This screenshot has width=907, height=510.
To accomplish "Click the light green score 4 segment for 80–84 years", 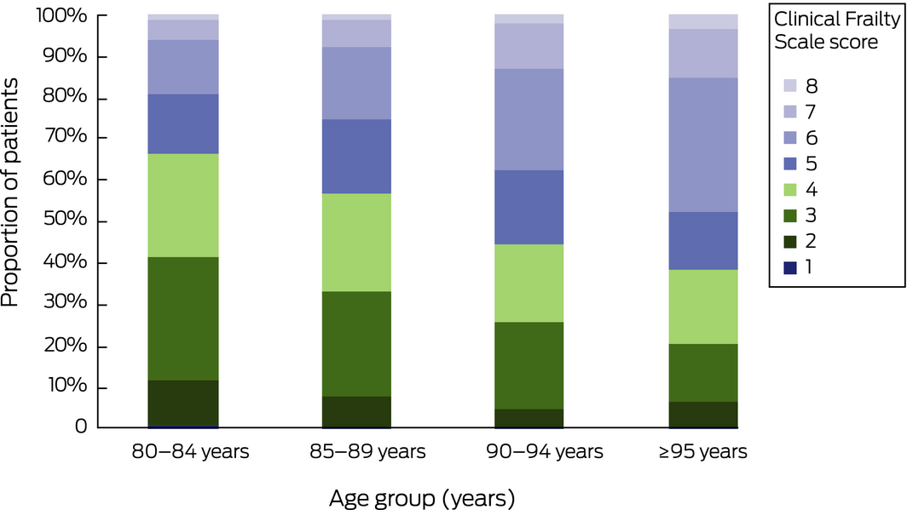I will coord(183,205).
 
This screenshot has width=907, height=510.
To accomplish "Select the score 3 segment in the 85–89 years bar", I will coord(356,344).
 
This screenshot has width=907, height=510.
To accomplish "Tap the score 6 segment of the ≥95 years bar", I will coord(703,145).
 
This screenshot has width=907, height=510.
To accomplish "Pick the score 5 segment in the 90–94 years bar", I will coord(529,207).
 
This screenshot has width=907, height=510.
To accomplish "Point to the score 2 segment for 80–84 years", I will coord(183,402).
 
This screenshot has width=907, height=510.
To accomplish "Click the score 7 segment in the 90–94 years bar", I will coord(529,46).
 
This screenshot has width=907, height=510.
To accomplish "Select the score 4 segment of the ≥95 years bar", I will coord(703,307).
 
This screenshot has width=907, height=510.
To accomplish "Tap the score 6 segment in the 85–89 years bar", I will coord(356,83).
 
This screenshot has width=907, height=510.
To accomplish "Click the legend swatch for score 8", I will coord(790,86).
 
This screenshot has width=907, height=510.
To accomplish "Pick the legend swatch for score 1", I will coord(790,267).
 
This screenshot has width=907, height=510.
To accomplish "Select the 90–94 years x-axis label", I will coord(529,451).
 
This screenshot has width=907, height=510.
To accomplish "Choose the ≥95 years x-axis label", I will coord(703,451).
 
